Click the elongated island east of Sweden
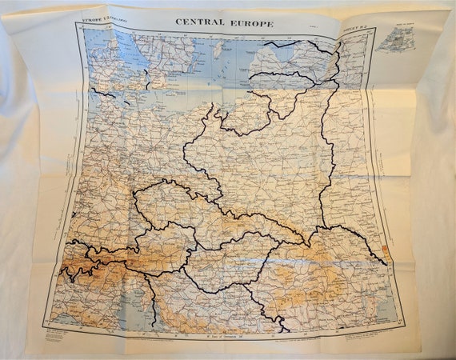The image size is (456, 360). tap(218, 50)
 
